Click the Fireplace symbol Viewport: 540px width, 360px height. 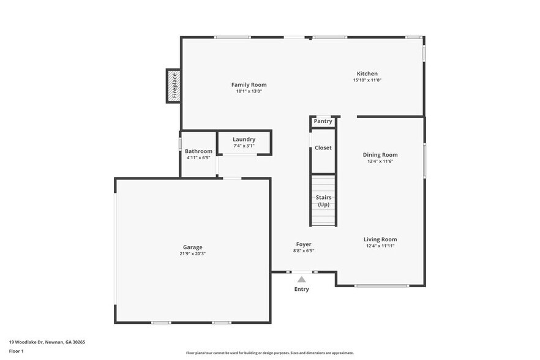pos(173,86)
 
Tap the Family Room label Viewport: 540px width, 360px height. pos(249,84)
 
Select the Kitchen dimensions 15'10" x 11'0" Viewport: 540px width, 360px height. pos(367,80)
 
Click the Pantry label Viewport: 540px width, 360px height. pos(323,121)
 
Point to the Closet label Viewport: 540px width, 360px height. pos(323,148)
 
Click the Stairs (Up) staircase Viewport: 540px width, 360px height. pos(323,200)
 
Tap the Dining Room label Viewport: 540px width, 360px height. pos(380,155)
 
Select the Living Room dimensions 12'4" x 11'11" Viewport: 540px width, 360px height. pos(380,246)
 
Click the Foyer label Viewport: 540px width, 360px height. pos(304,244)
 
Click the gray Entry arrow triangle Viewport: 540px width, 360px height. pos(301,279)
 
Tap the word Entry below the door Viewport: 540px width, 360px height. pos(301,289)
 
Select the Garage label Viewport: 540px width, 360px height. pos(192,247)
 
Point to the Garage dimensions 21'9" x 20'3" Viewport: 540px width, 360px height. pos(192,253)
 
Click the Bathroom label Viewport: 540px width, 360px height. pos(198,151)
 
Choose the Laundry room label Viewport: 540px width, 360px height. pos(244,140)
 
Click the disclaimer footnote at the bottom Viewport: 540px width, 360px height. pos(269,353)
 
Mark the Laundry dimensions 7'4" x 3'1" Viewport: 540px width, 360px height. pos(244,146)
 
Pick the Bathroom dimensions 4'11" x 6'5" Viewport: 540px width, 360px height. pos(198,157)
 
